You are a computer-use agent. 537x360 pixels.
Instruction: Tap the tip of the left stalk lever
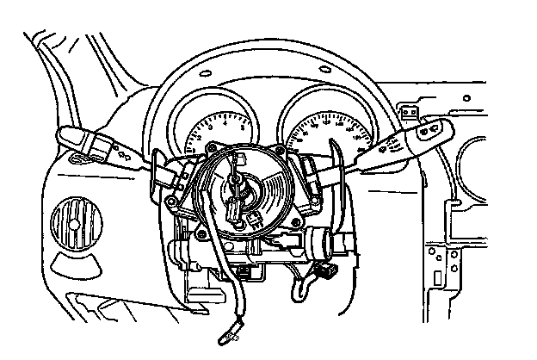[66, 135]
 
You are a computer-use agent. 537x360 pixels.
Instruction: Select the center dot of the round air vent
[75, 226]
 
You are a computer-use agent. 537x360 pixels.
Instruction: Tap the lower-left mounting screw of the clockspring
[200, 231]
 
